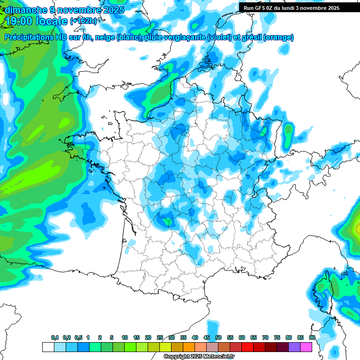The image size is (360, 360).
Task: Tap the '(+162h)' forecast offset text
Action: click(83, 21)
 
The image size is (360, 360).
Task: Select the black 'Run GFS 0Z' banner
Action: click(292, 8)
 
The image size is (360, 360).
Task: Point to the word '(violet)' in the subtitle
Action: click(219, 37)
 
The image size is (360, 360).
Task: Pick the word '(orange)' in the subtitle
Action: click(279, 37)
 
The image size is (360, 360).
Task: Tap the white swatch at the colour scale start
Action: click(48, 347)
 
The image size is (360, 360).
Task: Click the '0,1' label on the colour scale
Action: click(55, 338)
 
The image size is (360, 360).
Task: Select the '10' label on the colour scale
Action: click(125, 338)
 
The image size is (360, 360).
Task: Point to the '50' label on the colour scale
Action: click(218, 338)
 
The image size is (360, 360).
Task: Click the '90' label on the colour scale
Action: click(312, 338)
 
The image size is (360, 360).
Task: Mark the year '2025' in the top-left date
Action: click(112, 10)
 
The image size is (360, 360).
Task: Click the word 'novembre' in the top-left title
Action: click(75, 10)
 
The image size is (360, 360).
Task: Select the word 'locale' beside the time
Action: click(53, 21)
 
